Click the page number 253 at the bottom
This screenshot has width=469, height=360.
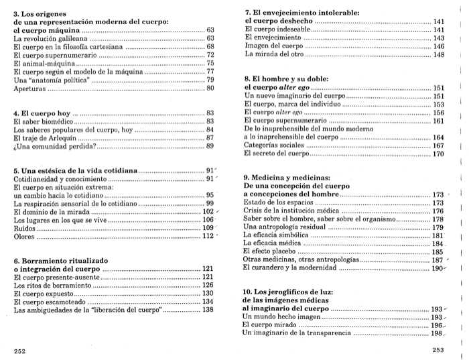[439, 350]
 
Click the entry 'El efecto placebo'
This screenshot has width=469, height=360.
[275, 251]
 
